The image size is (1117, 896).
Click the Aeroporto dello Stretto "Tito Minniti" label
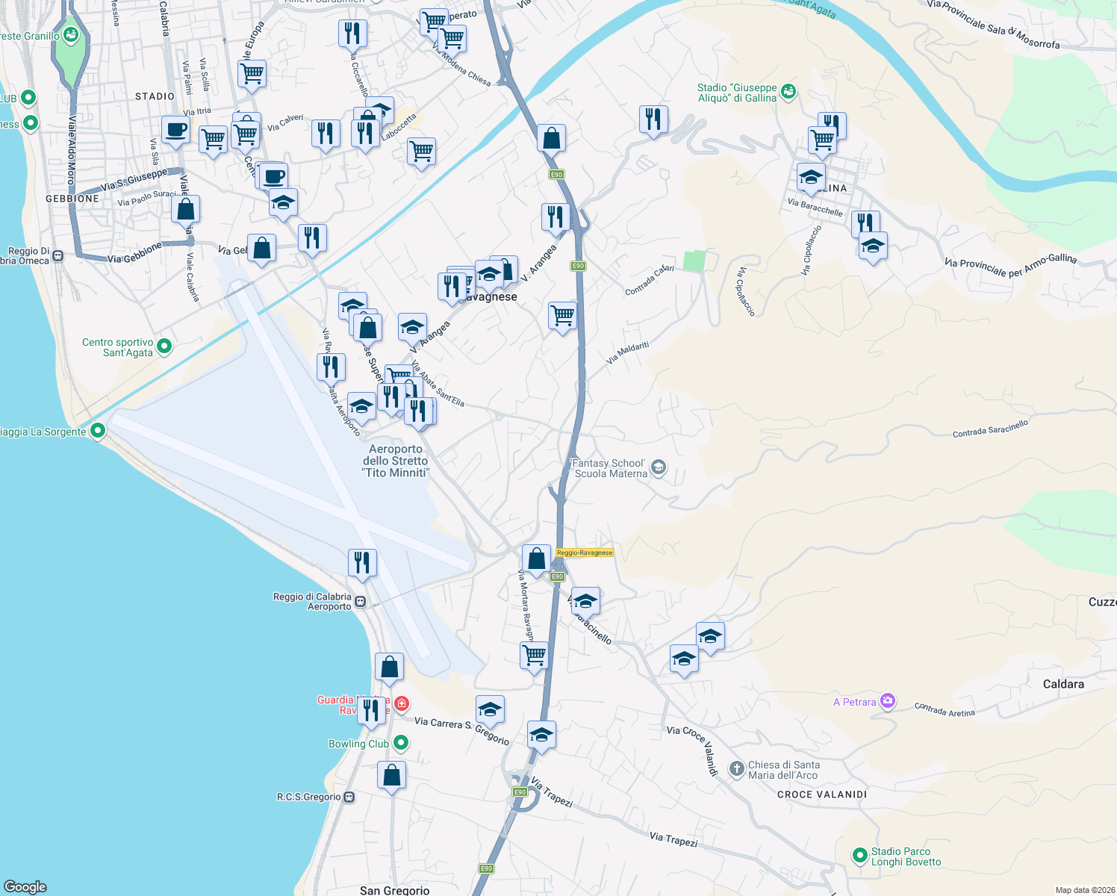click(x=396, y=461)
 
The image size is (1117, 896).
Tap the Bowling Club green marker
click(x=401, y=743)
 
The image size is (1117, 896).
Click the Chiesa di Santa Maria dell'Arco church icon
click(x=737, y=768)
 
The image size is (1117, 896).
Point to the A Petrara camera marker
click(x=888, y=701)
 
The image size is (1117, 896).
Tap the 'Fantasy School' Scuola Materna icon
click(x=659, y=467)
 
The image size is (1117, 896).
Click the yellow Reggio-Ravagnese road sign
click(x=585, y=553)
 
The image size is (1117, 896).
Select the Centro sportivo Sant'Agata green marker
click(x=165, y=346)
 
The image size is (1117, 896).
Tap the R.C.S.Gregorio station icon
click(x=349, y=797)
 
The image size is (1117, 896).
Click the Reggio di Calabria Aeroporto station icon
click(x=361, y=601)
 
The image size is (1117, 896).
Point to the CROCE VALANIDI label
click(x=822, y=794)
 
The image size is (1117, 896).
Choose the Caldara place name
click(x=1063, y=684)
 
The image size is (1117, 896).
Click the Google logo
click(x=25, y=886)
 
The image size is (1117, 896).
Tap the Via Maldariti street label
click(x=627, y=352)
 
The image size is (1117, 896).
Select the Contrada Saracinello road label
click(x=990, y=429)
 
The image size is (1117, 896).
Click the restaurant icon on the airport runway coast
click(x=362, y=562)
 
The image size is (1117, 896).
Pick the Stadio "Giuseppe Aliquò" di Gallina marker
click(x=788, y=91)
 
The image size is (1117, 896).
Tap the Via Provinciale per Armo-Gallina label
click(x=1010, y=264)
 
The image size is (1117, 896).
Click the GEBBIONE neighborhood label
click(x=72, y=199)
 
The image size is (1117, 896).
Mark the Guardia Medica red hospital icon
click(x=402, y=703)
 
